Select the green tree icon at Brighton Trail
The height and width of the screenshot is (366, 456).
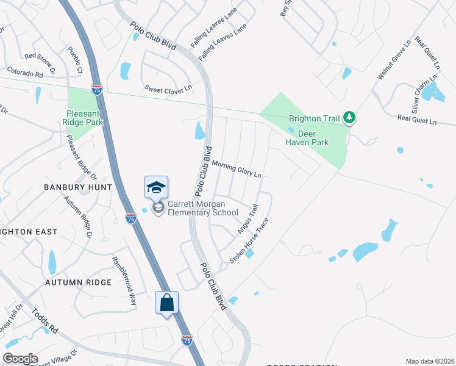349,116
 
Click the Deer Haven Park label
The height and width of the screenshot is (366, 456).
307,138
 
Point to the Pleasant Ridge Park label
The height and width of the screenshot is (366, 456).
85,117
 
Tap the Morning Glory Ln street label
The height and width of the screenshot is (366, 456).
237,169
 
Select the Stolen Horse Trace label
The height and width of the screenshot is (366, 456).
249,242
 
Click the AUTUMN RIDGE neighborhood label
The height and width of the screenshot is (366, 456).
77,282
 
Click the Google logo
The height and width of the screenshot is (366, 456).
21,359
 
